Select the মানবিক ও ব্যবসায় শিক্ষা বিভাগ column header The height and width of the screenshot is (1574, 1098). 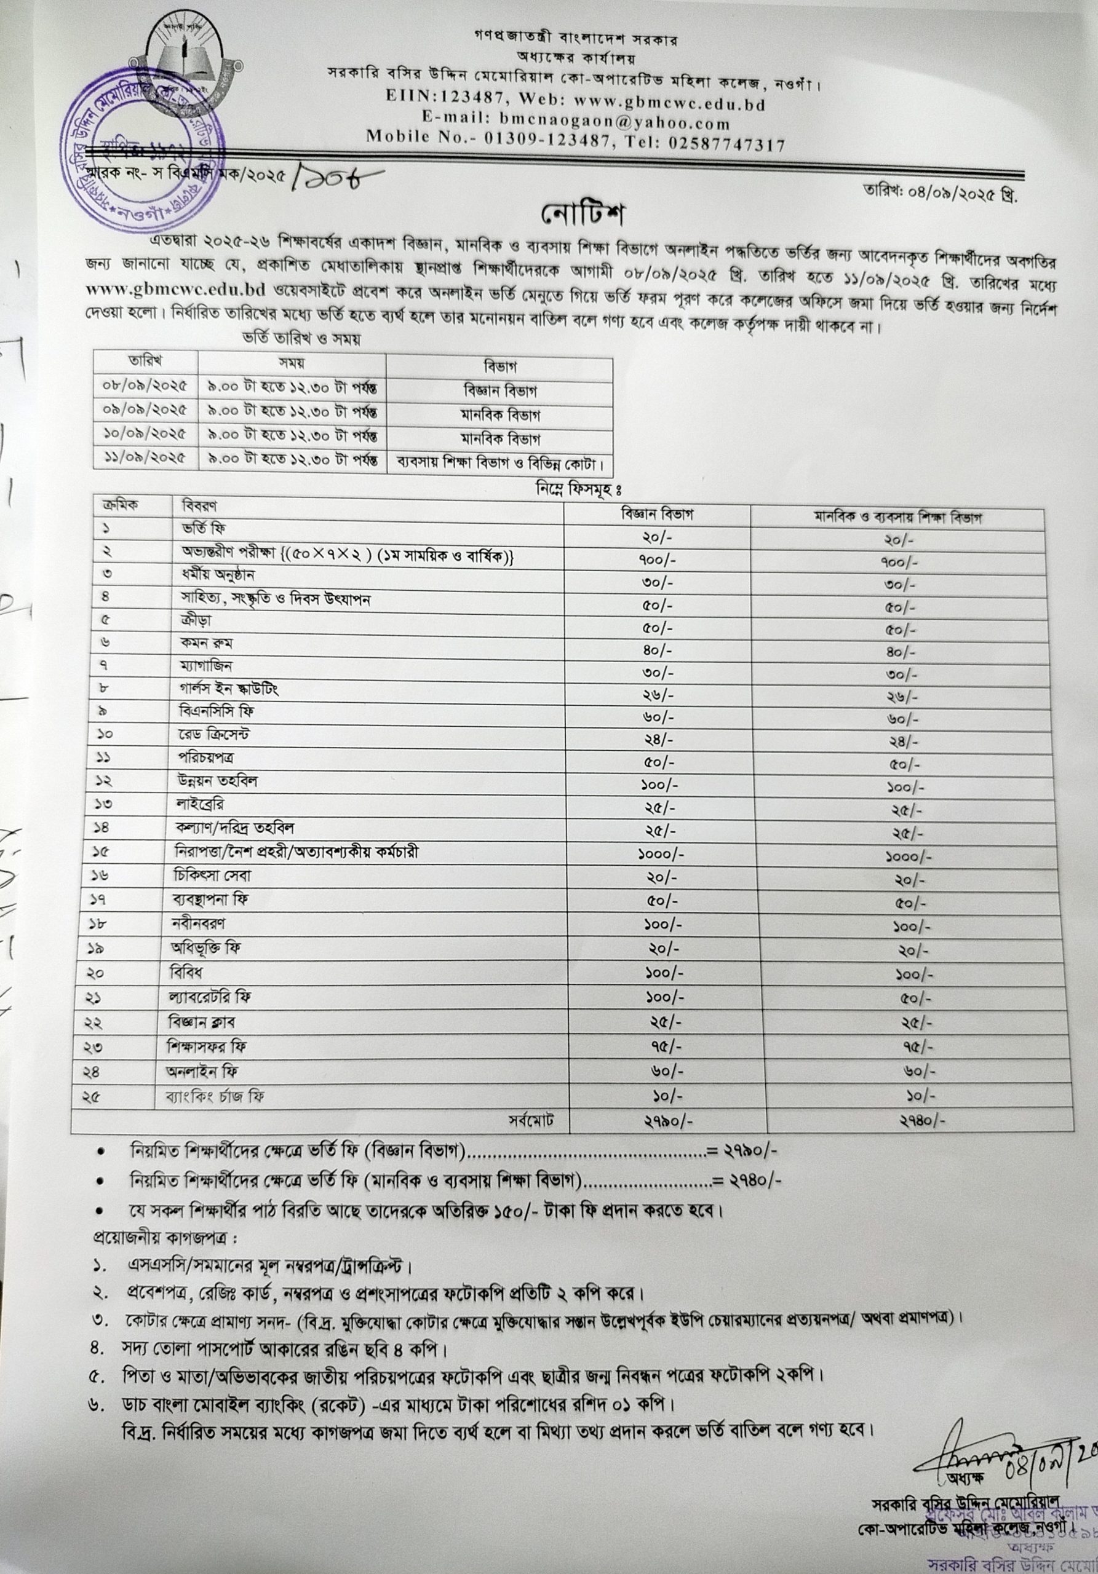point(897,518)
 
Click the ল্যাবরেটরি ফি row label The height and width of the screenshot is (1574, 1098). point(209,995)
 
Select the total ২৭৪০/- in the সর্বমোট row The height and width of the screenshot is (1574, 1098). point(923,1121)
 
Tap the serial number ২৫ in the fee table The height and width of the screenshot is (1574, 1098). point(93,1097)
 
